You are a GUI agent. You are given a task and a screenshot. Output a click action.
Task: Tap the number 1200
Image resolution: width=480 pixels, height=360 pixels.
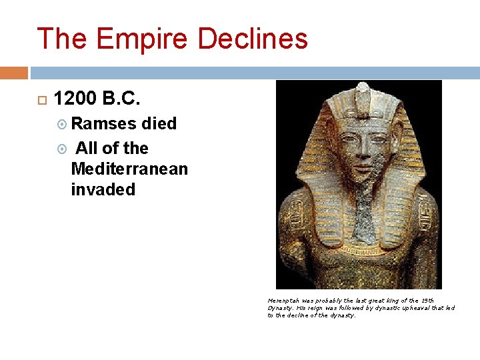[x=75, y=99]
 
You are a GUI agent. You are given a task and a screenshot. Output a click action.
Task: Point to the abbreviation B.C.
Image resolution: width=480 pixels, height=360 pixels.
[x=122, y=99]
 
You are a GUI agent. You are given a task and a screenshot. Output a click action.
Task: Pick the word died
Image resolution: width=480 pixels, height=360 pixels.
[x=159, y=124]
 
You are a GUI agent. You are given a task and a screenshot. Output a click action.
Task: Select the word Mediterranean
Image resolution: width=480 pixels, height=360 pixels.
[x=129, y=169]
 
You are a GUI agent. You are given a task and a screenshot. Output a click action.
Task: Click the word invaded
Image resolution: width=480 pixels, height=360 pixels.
[x=103, y=189]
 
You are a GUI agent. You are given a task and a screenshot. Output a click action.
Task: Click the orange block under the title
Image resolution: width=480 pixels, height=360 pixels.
[x=14, y=72]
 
